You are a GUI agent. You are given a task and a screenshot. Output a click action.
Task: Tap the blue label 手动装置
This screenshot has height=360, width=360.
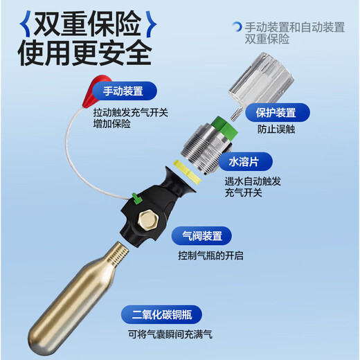pyautogui.click(x=123, y=90)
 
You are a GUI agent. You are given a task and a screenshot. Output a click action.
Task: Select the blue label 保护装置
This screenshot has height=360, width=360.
pyautogui.click(x=276, y=112)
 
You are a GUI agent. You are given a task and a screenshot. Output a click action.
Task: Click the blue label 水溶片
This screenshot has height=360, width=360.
pyautogui.click(x=244, y=163)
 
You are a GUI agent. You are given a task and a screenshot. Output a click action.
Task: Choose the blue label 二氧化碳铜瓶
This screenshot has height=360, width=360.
pyautogui.click(x=161, y=315)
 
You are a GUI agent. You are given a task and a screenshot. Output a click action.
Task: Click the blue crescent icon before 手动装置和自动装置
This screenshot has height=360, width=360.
pyautogui.click(x=237, y=27)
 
